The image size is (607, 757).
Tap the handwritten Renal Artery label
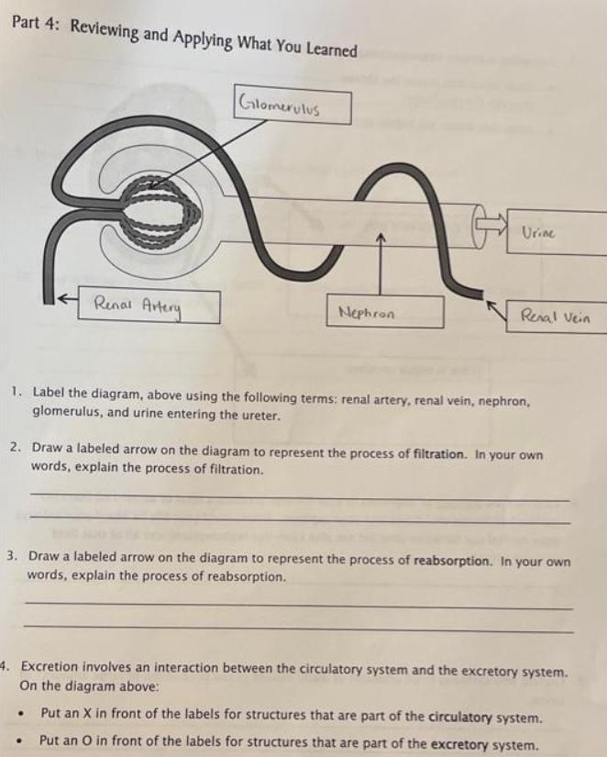(x=137, y=306)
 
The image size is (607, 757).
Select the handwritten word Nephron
(x=367, y=313)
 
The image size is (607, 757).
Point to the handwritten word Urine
(x=538, y=233)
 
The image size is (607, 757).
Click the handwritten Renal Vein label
(x=555, y=317)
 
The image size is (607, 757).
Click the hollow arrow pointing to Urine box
(x=492, y=223)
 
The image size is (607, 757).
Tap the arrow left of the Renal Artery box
(x=68, y=300)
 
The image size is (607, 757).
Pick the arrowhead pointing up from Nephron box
(x=381, y=238)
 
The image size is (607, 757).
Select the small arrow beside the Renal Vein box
(x=496, y=310)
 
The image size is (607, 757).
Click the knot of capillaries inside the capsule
(x=160, y=210)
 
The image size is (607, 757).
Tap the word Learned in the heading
(x=332, y=49)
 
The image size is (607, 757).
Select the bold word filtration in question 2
(x=438, y=454)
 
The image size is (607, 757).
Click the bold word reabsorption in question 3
(x=452, y=561)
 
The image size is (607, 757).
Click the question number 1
(x=17, y=391)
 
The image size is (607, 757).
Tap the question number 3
(x=12, y=555)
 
